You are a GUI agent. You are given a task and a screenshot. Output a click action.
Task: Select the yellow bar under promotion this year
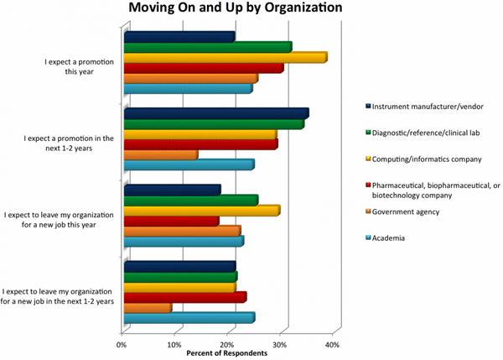click(225, 57)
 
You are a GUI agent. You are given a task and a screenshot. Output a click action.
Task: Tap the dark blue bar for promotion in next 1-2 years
click(215, 113)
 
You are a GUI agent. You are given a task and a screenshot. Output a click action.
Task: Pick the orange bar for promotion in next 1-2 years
click(160, 155)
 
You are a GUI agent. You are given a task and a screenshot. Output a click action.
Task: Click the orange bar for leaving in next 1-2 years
click(148, 308)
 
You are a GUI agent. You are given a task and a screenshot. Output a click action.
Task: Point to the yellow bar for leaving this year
click(201, 211)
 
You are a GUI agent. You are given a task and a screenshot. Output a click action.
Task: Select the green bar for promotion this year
click(207, 47)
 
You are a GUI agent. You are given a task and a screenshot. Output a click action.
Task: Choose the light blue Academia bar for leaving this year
click(183, 242)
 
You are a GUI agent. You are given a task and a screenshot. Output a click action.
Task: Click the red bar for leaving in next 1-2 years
click(184, 297)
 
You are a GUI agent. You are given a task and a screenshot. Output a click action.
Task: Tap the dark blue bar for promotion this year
click(179, 36)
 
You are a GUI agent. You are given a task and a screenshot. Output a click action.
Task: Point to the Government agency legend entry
click(405, 212)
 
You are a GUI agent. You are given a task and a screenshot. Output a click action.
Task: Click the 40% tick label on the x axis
click(332, 344)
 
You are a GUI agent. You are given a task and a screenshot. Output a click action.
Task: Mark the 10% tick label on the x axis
click(174, 344)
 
